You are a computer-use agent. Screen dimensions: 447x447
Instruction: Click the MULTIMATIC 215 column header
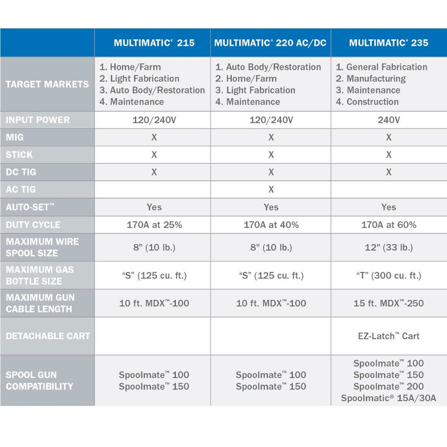pyautogui.click(x=154, y=42)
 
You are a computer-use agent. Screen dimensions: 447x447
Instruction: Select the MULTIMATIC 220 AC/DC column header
pyautogui.click(x=270, y=42)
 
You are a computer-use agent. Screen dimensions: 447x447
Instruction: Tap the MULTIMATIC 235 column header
pyautogui.click(x=388, y=42)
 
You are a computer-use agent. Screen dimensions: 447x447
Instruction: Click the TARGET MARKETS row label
pyautogui.click(x=47, y=84)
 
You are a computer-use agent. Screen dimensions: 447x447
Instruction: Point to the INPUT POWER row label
pyautogui.click(x=37, y=120)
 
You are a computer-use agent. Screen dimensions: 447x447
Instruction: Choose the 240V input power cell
pyautogui.click(x=388, y=120)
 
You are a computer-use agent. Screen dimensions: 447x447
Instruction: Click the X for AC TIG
pyautogui.click(x=271, y=189)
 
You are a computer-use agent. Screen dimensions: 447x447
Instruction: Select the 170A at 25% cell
pyautogui.click(x=154, y=225)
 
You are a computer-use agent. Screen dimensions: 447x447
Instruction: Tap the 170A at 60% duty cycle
pyautogui.click(x=388, y=225)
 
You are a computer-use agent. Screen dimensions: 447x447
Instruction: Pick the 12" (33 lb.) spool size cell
pyautogui.click(x=388, y=248)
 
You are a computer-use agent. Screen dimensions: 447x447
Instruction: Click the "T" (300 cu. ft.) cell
pyautogui.click(x=388, y=275)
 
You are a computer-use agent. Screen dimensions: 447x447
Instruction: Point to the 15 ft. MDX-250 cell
pyautogui.click(x=388, y=303)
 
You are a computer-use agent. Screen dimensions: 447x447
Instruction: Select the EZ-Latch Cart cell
pyautogui.click(x=388, y=336)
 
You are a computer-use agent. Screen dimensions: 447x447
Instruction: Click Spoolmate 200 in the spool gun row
pyautogui.click(x=388, y=387)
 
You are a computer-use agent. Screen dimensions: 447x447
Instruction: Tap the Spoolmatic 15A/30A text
pyautogui.click(x=388, y=398)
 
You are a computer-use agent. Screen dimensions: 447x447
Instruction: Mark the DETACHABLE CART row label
pyautogui.click(x=47, y=336)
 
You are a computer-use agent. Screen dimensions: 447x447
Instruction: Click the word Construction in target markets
pyautogui.click(x=372, y=102)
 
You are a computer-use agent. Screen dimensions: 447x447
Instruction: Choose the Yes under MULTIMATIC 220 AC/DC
pyautogui.click(x=271, y=207)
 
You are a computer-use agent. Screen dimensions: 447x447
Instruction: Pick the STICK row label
pyautogui.click(x=19, y=155)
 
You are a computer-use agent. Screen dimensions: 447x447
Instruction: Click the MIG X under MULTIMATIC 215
pyautogui.click(x=154, y=137)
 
